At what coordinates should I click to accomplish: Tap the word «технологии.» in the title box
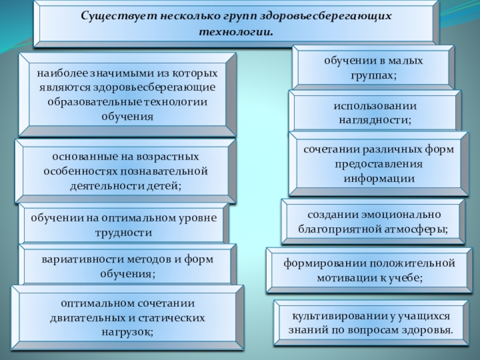tap(236, 31)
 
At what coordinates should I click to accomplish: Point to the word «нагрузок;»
tap(126, 331)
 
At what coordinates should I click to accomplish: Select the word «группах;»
tap(372, 76)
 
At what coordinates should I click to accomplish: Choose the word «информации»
tap(379, 178)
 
